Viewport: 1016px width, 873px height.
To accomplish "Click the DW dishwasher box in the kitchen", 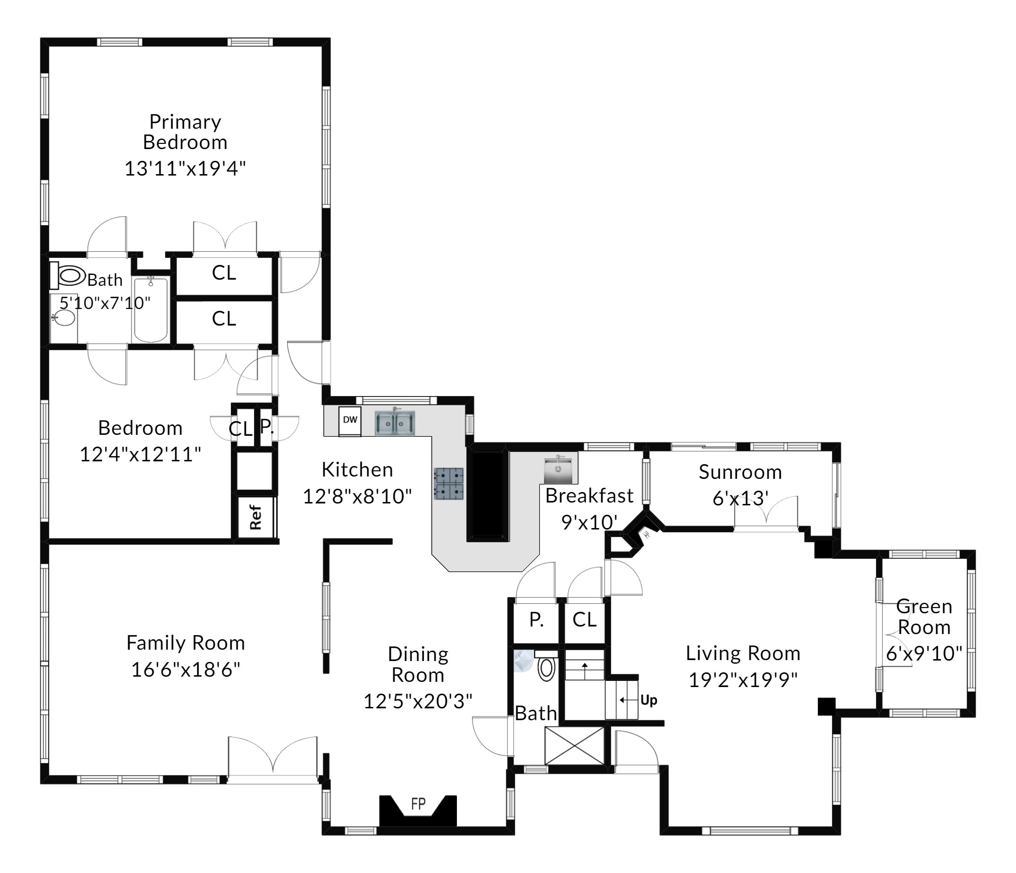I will pyautogui.click(x=350, y=420).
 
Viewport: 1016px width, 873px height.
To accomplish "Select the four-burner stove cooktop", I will pyautogui.click(x=449, y=484).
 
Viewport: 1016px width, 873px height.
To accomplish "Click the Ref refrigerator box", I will pyautogui.click(x=255, y=518).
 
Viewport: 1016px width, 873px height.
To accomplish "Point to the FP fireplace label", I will pyautogui.click(x=418, y=804).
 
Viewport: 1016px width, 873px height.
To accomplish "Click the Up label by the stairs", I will pyautogui.click(x=648, y=700).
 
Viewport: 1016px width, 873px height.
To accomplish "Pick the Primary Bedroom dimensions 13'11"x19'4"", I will pyautogui.click(x=185, y=168).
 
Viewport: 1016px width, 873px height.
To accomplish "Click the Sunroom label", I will pyautogui.click(x=740, y=472).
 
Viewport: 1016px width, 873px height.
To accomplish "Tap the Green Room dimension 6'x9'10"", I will pyautogui.click(x=924, y=653).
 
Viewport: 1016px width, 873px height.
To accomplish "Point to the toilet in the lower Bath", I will pyautogui.click(x=546, y=668).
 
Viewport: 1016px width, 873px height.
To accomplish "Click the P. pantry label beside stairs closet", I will pyautogui.click(x=536, y=620).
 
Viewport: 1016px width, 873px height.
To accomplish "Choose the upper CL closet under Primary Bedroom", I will pyautogui.click(x=224, y=273).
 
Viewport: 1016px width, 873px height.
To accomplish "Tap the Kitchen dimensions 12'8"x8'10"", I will pyautogui.click(x=357, y=496).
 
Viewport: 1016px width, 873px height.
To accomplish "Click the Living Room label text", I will pyautogui.click(x=743, y=653).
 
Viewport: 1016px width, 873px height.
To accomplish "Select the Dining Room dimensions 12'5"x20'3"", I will pyautogui.click(x=418, y=701).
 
